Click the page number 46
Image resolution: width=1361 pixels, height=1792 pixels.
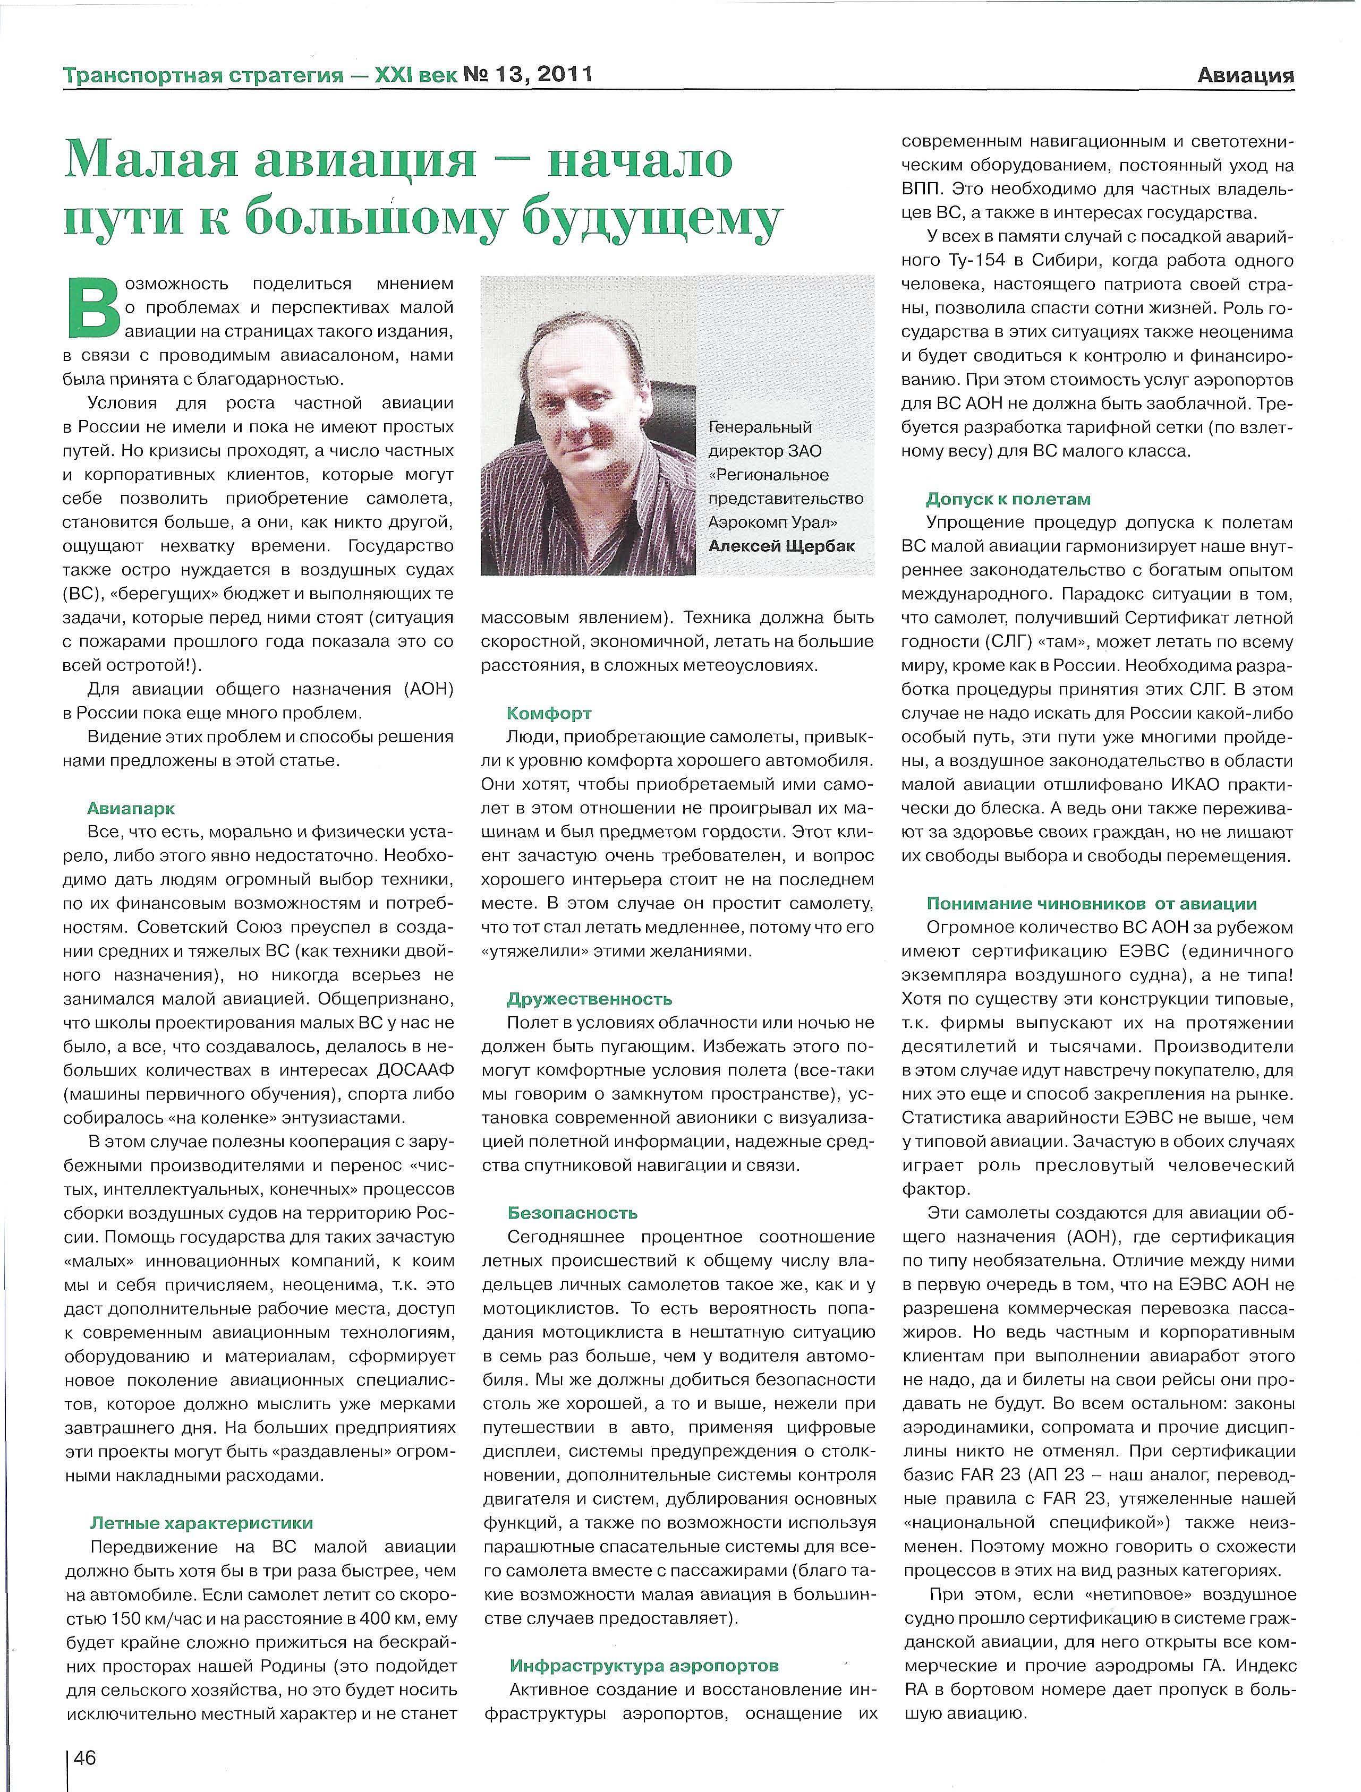(x=85, y=1752)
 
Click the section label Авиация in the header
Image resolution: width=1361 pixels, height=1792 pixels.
(x=1245, y=76)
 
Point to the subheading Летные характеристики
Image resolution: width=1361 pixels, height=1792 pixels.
(x=201, y=1523)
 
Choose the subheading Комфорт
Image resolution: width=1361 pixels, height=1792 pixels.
(x=549, y=713)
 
